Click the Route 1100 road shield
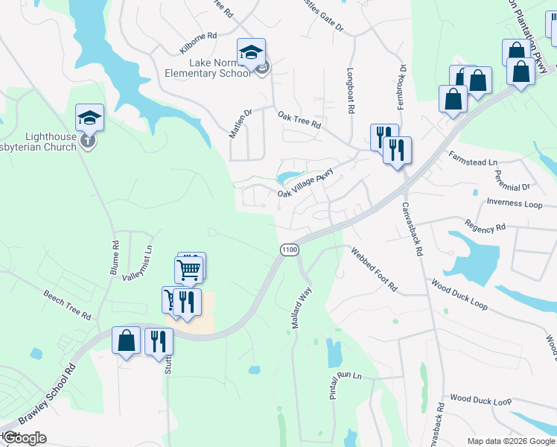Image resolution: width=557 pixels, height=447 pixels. coord(289,249)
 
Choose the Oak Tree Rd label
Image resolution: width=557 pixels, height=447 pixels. coord(299,120)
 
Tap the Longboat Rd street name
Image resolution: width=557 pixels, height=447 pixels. coord(349,91)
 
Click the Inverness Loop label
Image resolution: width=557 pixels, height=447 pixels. coord(515,203)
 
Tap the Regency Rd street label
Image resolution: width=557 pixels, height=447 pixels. coord(485,224)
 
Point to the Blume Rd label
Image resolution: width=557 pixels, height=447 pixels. coord(115,258)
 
